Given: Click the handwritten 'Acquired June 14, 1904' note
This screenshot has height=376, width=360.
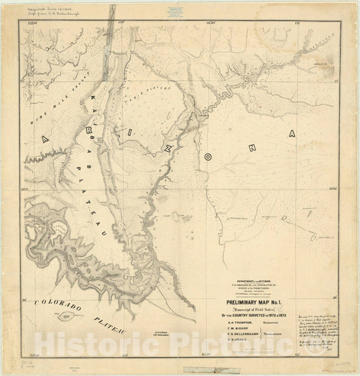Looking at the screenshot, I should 55,11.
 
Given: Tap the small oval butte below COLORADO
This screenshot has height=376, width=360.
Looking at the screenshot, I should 67,316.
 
